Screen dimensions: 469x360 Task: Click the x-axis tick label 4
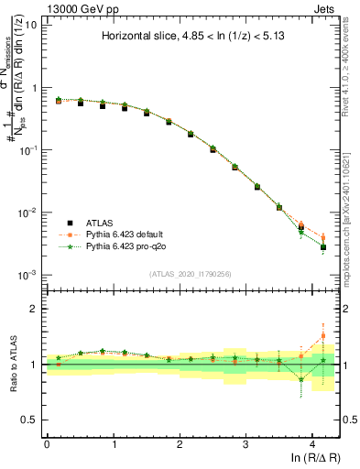[312, 443]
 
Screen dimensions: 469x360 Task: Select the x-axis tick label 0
[47, 443]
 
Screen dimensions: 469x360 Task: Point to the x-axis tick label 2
[180, 443]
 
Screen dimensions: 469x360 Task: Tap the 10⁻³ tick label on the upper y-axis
[27, 275]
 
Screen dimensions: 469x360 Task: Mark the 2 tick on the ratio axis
[35, 309]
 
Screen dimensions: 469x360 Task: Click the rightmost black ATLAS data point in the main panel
[323, 246]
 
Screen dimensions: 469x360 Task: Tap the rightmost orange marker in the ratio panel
[323, 336]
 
